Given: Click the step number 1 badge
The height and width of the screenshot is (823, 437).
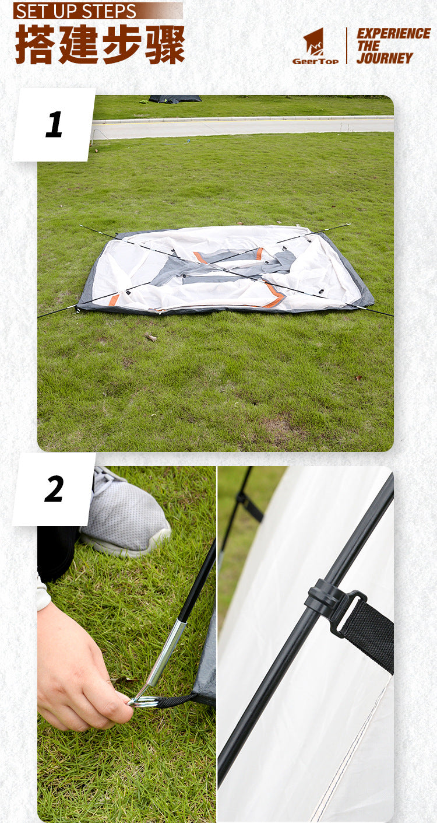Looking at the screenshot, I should point(54,125).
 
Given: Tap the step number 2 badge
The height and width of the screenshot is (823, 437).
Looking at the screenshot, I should point(54,489).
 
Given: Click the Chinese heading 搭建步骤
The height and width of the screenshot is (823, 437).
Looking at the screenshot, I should point(100,44).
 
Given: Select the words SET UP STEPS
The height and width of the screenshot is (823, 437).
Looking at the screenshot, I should point(76,11).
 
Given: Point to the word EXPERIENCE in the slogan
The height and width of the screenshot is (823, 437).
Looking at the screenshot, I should point(393,33).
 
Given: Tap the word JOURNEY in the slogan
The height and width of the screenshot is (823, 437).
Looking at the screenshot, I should point(385,58).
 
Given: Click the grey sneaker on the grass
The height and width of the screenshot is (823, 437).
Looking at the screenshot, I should point(131,513).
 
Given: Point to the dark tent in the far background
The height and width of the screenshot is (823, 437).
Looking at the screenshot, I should point(175,99).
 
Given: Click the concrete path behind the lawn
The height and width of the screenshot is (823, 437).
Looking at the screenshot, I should point(245,127).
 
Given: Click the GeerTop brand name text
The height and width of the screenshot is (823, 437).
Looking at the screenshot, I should point(315,61).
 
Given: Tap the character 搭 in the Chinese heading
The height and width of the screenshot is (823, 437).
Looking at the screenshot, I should point(34,44).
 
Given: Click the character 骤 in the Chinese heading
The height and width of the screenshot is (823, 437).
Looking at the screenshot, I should point(165,44).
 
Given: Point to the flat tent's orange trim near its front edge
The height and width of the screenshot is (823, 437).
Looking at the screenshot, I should point(273,294).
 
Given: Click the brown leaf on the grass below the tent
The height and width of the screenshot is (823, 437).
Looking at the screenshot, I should point(151,338).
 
